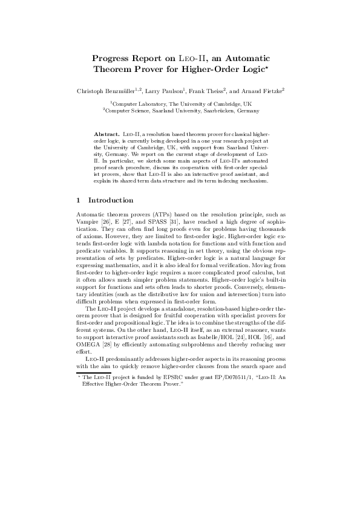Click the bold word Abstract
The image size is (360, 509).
pos(106,132)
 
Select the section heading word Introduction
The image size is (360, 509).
pos(111,184)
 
